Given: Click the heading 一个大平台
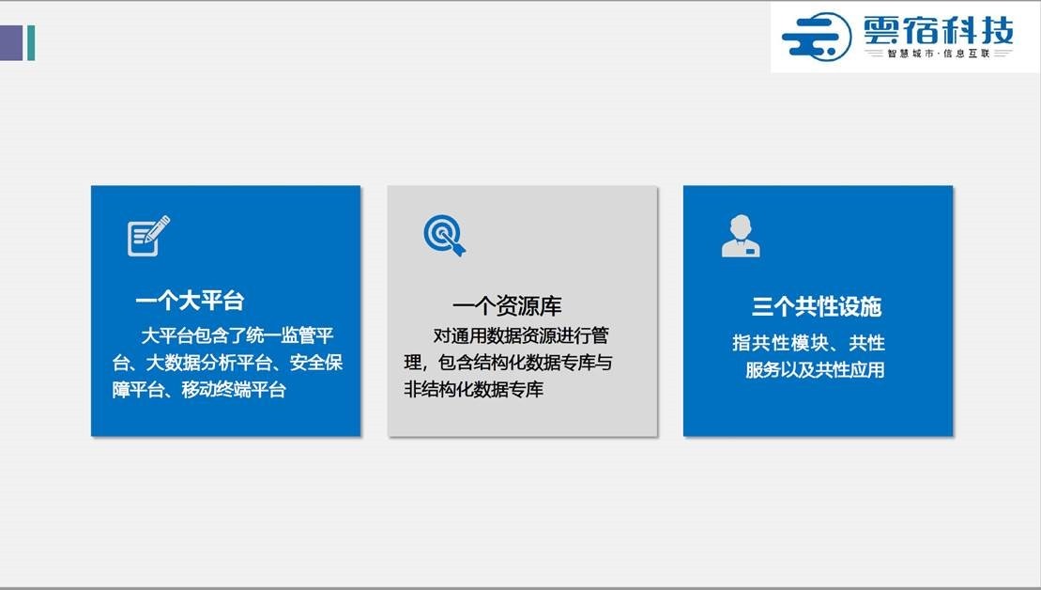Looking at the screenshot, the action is pos(190,301).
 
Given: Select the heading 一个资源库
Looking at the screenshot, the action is pos(507,306).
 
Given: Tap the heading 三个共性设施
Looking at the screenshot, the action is pos(817,306).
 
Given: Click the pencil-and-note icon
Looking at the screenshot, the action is pos(148,236).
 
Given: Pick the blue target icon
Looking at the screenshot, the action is pos(444,235).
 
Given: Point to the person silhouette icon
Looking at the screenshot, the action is pos(741,236).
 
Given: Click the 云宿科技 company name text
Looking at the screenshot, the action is pos(939,31).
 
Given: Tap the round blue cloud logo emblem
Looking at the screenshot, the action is pos(817,38).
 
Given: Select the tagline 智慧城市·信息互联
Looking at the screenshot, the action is pos(939,54).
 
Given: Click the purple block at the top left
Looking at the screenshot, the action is pos(11,42).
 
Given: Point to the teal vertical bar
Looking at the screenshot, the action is pos(31,42).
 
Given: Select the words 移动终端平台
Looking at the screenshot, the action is pos(234,389).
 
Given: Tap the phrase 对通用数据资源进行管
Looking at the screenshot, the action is pos(521,335).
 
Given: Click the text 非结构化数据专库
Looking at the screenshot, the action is pos(473,389).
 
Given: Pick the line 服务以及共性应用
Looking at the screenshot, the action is pos(815,369).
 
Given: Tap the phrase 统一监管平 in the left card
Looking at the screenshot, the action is pos(289,335).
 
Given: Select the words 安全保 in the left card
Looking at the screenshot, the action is pos(316,363).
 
